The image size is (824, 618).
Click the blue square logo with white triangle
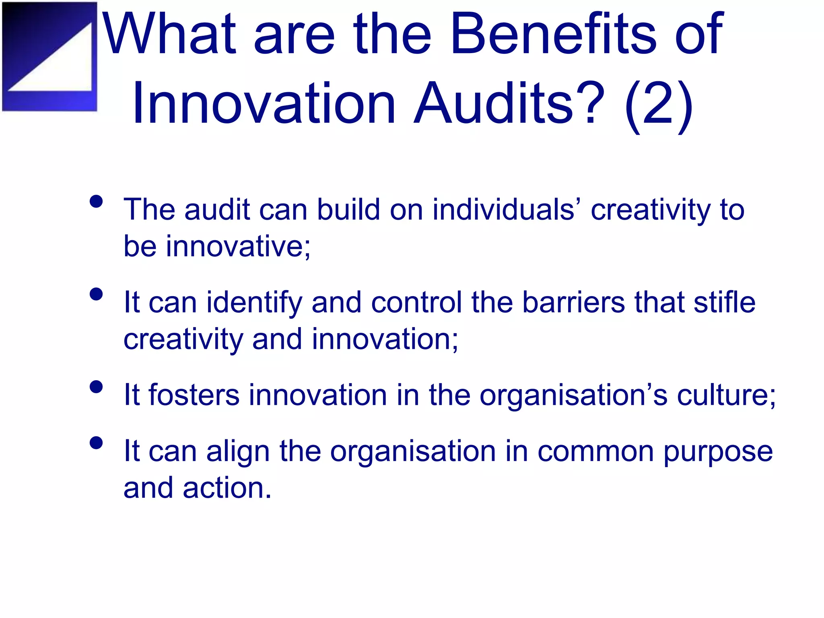point(49,56)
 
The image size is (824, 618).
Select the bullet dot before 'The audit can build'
point(96,201)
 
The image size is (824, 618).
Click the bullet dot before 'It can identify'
point(96,294)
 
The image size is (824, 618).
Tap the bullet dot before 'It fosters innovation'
point(96,387)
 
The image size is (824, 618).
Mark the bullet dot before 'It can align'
point(96,443)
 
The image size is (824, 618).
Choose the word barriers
point(573,302)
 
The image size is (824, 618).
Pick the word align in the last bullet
point(238,451)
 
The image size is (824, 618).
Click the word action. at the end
point(227,488)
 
